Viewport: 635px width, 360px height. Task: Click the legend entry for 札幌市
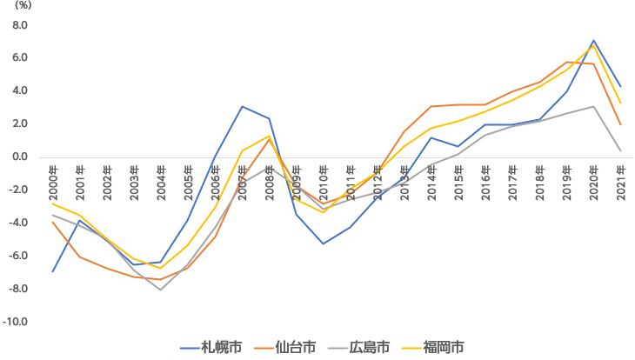(x=214, y=347)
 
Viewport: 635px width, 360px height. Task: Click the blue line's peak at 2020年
(x=593, y=41)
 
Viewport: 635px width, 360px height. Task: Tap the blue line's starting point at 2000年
(x=53, y=271)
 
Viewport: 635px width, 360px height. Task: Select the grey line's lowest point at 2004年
(x=161, y=290)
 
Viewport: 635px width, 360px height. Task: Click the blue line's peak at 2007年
(x=242, y=107)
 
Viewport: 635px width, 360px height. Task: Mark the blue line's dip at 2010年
(x=324, y=243)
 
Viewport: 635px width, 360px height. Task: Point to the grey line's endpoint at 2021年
(x=620, y=150)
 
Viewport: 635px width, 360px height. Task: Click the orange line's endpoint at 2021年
(x=620, y=124)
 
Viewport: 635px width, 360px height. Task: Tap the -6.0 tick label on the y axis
(x=19, y=257)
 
